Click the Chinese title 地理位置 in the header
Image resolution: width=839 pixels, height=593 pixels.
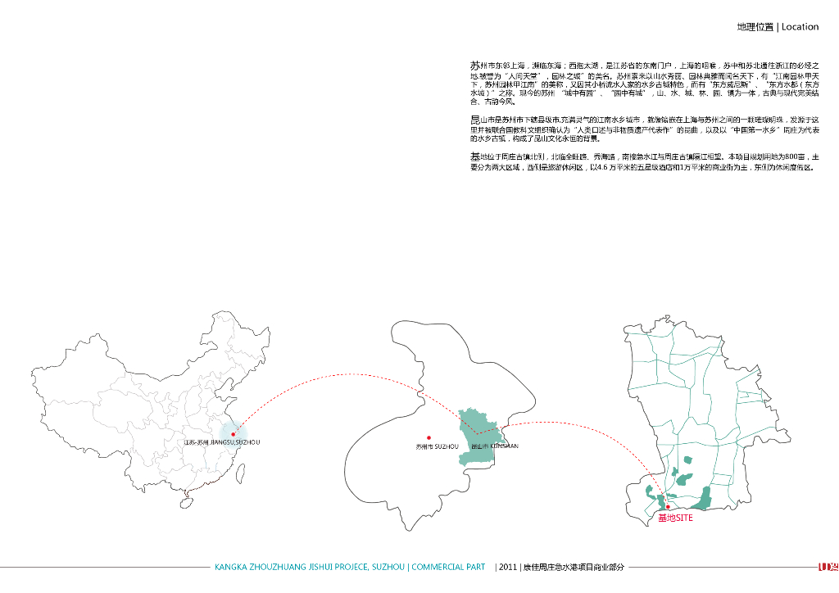point(755,27)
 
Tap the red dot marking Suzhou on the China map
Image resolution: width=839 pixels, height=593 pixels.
point(234,434)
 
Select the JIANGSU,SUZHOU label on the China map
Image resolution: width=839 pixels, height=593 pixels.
point(223,442)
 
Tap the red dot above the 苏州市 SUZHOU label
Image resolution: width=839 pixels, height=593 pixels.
point(429,438)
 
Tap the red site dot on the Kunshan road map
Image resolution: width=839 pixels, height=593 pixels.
point(668,508)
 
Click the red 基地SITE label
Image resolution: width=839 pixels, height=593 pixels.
point(675,518)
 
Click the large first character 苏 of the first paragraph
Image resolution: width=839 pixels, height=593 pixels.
point(475,65)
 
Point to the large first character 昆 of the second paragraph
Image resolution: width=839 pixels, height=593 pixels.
point(475,120)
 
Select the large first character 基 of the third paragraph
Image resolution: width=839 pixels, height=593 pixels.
point(475,156)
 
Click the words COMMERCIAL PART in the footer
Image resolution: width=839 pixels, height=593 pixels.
point(449,567)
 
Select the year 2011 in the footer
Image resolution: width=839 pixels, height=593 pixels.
point(507,567)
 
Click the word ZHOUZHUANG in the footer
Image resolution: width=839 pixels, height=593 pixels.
point(273,567)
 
